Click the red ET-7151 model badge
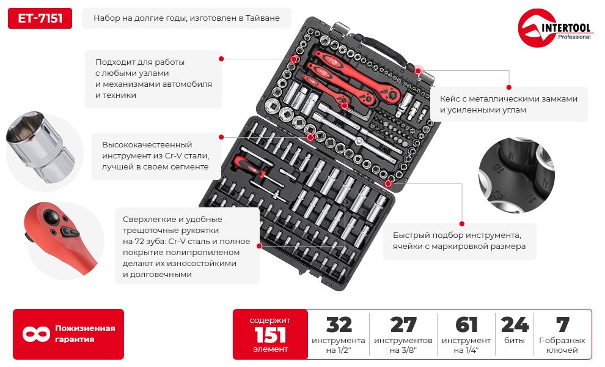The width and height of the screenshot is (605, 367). click(x=40, y=18)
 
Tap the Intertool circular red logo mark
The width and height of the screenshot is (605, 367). click(x=534, y=28)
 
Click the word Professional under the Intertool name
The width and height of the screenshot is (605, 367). click(x=574, y=37)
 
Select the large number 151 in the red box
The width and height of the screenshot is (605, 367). click(x=270, y=335)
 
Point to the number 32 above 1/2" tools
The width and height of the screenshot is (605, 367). click(x=339, y=325)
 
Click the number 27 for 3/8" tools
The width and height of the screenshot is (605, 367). click(x=403, y=325)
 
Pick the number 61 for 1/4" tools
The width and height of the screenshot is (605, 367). click(x=466, y=325)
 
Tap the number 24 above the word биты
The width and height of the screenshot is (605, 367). click(x=515, y=325)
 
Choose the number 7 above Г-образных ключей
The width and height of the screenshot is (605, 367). click(x=562, y=325)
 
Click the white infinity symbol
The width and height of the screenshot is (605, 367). click(x=36, y=334)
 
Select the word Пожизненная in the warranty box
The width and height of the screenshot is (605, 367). click(x=85, y=328)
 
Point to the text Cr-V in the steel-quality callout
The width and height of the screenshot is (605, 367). click(x=173, y=156)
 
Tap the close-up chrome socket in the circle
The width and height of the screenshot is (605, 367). click(x=40, y=147)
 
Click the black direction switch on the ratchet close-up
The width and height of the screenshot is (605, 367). click(x=70, y=232)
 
